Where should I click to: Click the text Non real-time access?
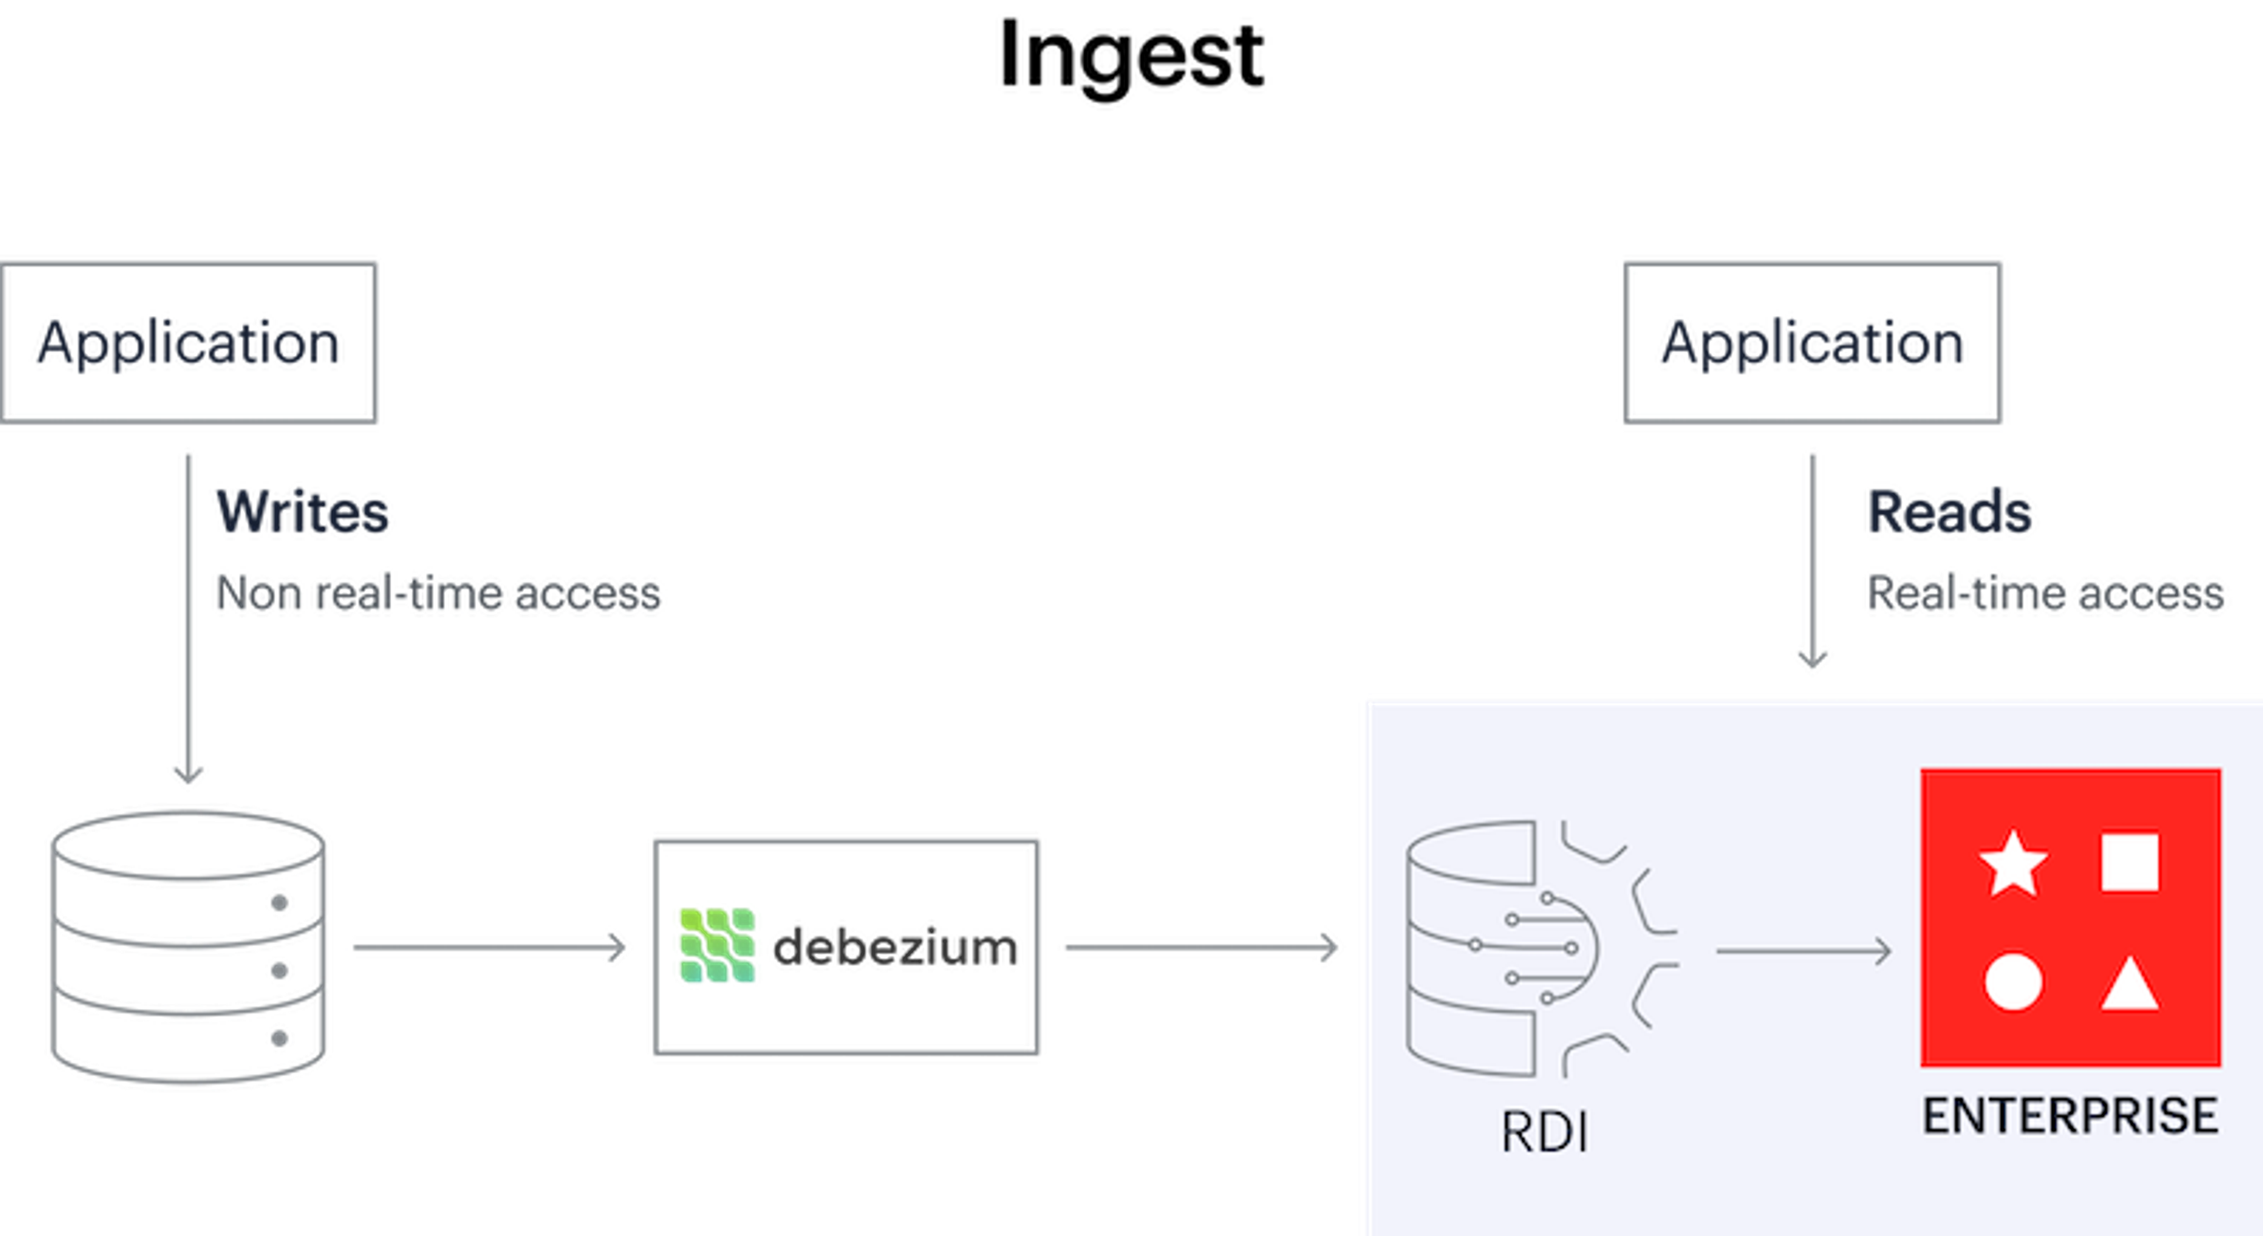[437, 593]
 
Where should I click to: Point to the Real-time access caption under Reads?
[2045, 593]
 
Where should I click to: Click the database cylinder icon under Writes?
[188, 947]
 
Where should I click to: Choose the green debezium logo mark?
[717, 945]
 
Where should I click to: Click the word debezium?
[895, 947]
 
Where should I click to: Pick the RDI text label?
[1545, 1132]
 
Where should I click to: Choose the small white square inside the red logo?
[2129, 862]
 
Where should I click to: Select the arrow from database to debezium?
[489, 947]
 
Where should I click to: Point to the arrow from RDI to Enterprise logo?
[1803, 950]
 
